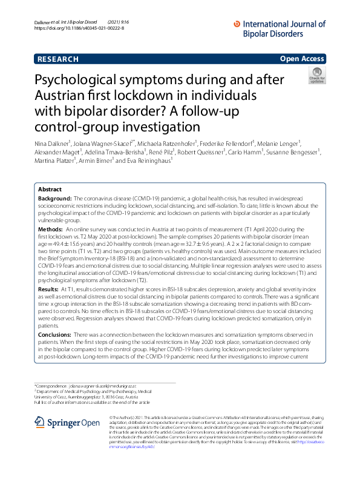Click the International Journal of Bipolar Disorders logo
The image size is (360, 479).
(279, 27)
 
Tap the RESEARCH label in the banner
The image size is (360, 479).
(57, 59)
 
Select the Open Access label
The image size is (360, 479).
(303, 59)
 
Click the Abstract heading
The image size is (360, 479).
(50, 189)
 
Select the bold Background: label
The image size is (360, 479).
(55, 199)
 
